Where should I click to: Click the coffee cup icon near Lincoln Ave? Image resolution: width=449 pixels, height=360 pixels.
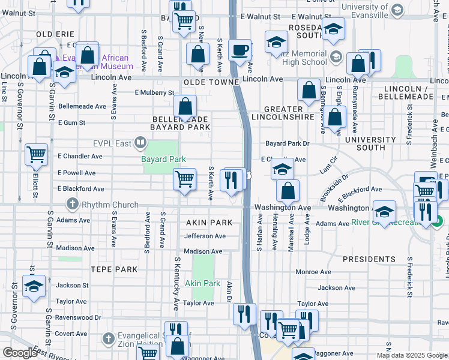tap(241, 50)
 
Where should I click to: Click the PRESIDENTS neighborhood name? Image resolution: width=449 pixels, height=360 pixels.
tap(369, 259)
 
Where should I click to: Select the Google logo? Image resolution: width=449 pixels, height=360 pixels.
tap(19, 353)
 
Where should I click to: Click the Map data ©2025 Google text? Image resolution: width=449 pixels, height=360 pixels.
tap(411, 355)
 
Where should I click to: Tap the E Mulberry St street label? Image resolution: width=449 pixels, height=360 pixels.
tap(154, 93)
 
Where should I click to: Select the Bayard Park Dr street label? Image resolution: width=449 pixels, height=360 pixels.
tap(287, 144)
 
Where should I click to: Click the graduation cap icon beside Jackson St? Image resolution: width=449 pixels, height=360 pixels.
tap(34, 286)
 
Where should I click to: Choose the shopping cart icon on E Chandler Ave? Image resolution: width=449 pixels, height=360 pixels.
tap(37, 154)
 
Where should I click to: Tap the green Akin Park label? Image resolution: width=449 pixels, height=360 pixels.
tap(202, 283)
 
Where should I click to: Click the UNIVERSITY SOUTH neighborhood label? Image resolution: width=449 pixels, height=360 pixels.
tap(370, 144)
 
